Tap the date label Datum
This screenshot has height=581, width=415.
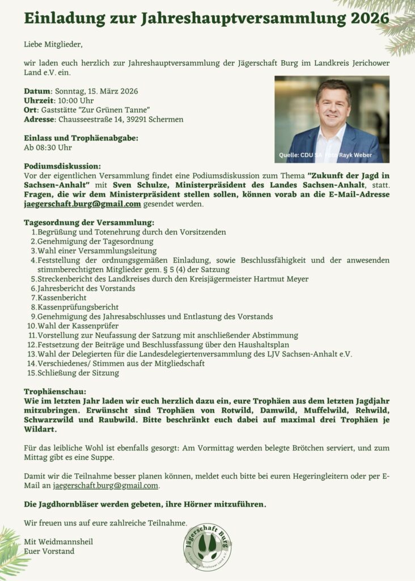coord(37,91)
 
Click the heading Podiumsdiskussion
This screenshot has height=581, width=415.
coord(62,166)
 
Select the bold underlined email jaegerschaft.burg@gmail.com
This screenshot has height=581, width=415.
coord(82,204)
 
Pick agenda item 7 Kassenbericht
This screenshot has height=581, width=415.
coord(62,297)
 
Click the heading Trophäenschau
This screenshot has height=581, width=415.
coord(55,391)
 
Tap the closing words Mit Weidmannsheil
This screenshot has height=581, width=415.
coord(58,542)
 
